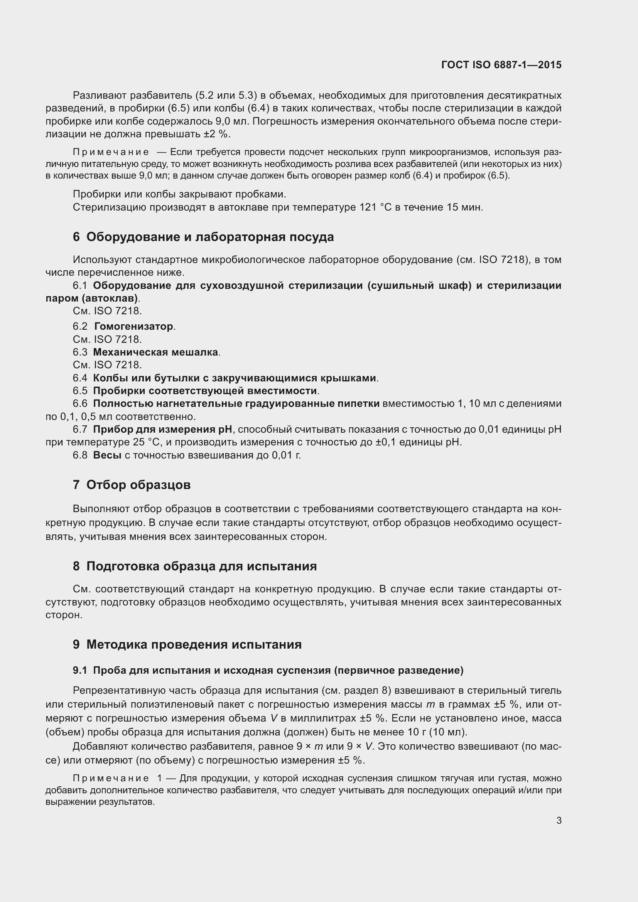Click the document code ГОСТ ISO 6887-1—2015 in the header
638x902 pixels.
coord(501,65)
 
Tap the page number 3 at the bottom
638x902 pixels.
coord(559,820)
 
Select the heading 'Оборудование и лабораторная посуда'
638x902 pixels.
coord(210,237)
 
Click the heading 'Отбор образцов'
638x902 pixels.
coord(138,485)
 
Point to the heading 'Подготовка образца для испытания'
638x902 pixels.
coord(201,566)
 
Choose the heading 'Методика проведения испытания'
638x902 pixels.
coord(194,644)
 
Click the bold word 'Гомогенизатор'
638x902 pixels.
coord(134,327)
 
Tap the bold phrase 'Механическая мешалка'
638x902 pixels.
coord(155,352)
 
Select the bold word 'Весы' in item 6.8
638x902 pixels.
coord(107,455)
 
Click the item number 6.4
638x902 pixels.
coord(80,378)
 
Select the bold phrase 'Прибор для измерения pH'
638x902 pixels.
coord(162,429)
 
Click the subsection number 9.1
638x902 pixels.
coord(80,671)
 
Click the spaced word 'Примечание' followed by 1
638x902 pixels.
coord(111,778)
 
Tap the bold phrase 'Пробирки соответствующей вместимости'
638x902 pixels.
coord(205,391)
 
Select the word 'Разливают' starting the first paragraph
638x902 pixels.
coord(100,96)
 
